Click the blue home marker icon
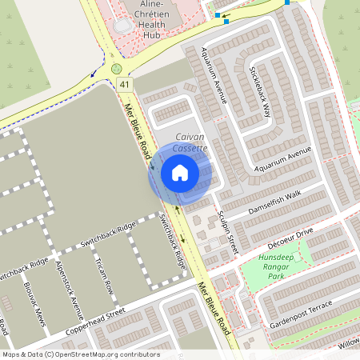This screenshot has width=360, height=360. tap(180, 172)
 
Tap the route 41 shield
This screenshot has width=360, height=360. tap(123, 83)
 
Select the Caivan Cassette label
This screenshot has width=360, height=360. tap(191, 142)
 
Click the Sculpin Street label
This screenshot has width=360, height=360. tap(228, 233)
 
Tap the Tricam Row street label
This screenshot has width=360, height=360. tap(103, 277)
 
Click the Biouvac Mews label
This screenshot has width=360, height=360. tap(36, 304)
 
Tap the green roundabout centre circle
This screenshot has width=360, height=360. tap(117, 69)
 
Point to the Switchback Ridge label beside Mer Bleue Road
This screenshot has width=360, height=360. tap(173, 241)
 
